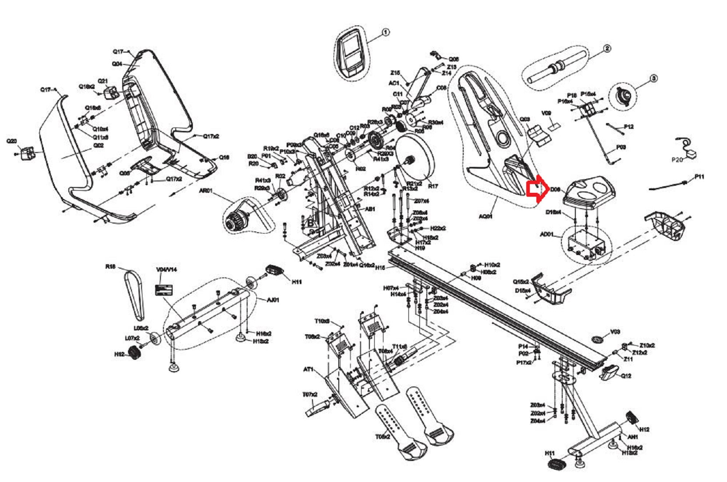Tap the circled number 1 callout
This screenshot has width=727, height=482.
coord(385,32)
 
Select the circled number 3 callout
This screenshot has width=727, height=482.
coord(653,78)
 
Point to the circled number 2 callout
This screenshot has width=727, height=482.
coord(607,49)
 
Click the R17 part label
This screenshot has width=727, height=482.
coord(433,186)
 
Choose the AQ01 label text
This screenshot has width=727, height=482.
coord(485,216)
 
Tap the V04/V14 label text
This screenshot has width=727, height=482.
coord(167,269)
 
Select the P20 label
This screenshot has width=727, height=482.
coord(677,160)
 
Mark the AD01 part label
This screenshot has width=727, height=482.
coord(546,235)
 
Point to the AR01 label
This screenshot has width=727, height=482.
coord(206,191)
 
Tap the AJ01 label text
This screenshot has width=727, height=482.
coord(273,300)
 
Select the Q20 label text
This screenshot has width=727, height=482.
coord(11,141)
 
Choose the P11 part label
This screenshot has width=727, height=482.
coord(699,177)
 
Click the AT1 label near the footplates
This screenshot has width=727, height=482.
coord(309,369)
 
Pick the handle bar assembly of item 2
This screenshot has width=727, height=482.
coord(557,67)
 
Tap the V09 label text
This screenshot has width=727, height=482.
coord(546,113)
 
